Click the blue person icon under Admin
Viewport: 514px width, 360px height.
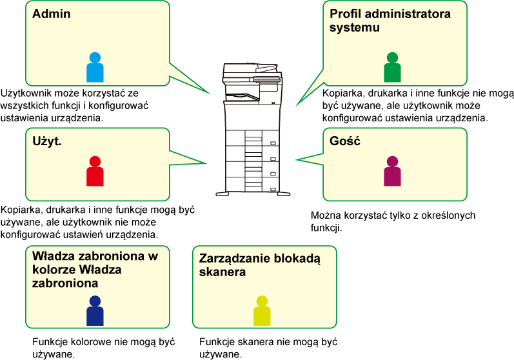(95, 67)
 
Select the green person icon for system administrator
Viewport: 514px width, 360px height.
(392, 67)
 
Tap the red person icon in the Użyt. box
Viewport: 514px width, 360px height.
(95, 171)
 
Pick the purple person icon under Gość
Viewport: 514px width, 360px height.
(392, 171)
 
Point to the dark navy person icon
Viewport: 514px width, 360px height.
(95, 311)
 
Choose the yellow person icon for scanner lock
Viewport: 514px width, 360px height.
(262, 311)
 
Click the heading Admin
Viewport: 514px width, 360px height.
(52, 14)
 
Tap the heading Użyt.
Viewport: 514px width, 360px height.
(47, 141)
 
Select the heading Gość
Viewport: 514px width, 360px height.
(345, 141)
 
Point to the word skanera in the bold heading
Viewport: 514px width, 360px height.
(222, 272)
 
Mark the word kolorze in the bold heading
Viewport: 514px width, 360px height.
(54, 270)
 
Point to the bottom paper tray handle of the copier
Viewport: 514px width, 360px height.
(273, 189)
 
